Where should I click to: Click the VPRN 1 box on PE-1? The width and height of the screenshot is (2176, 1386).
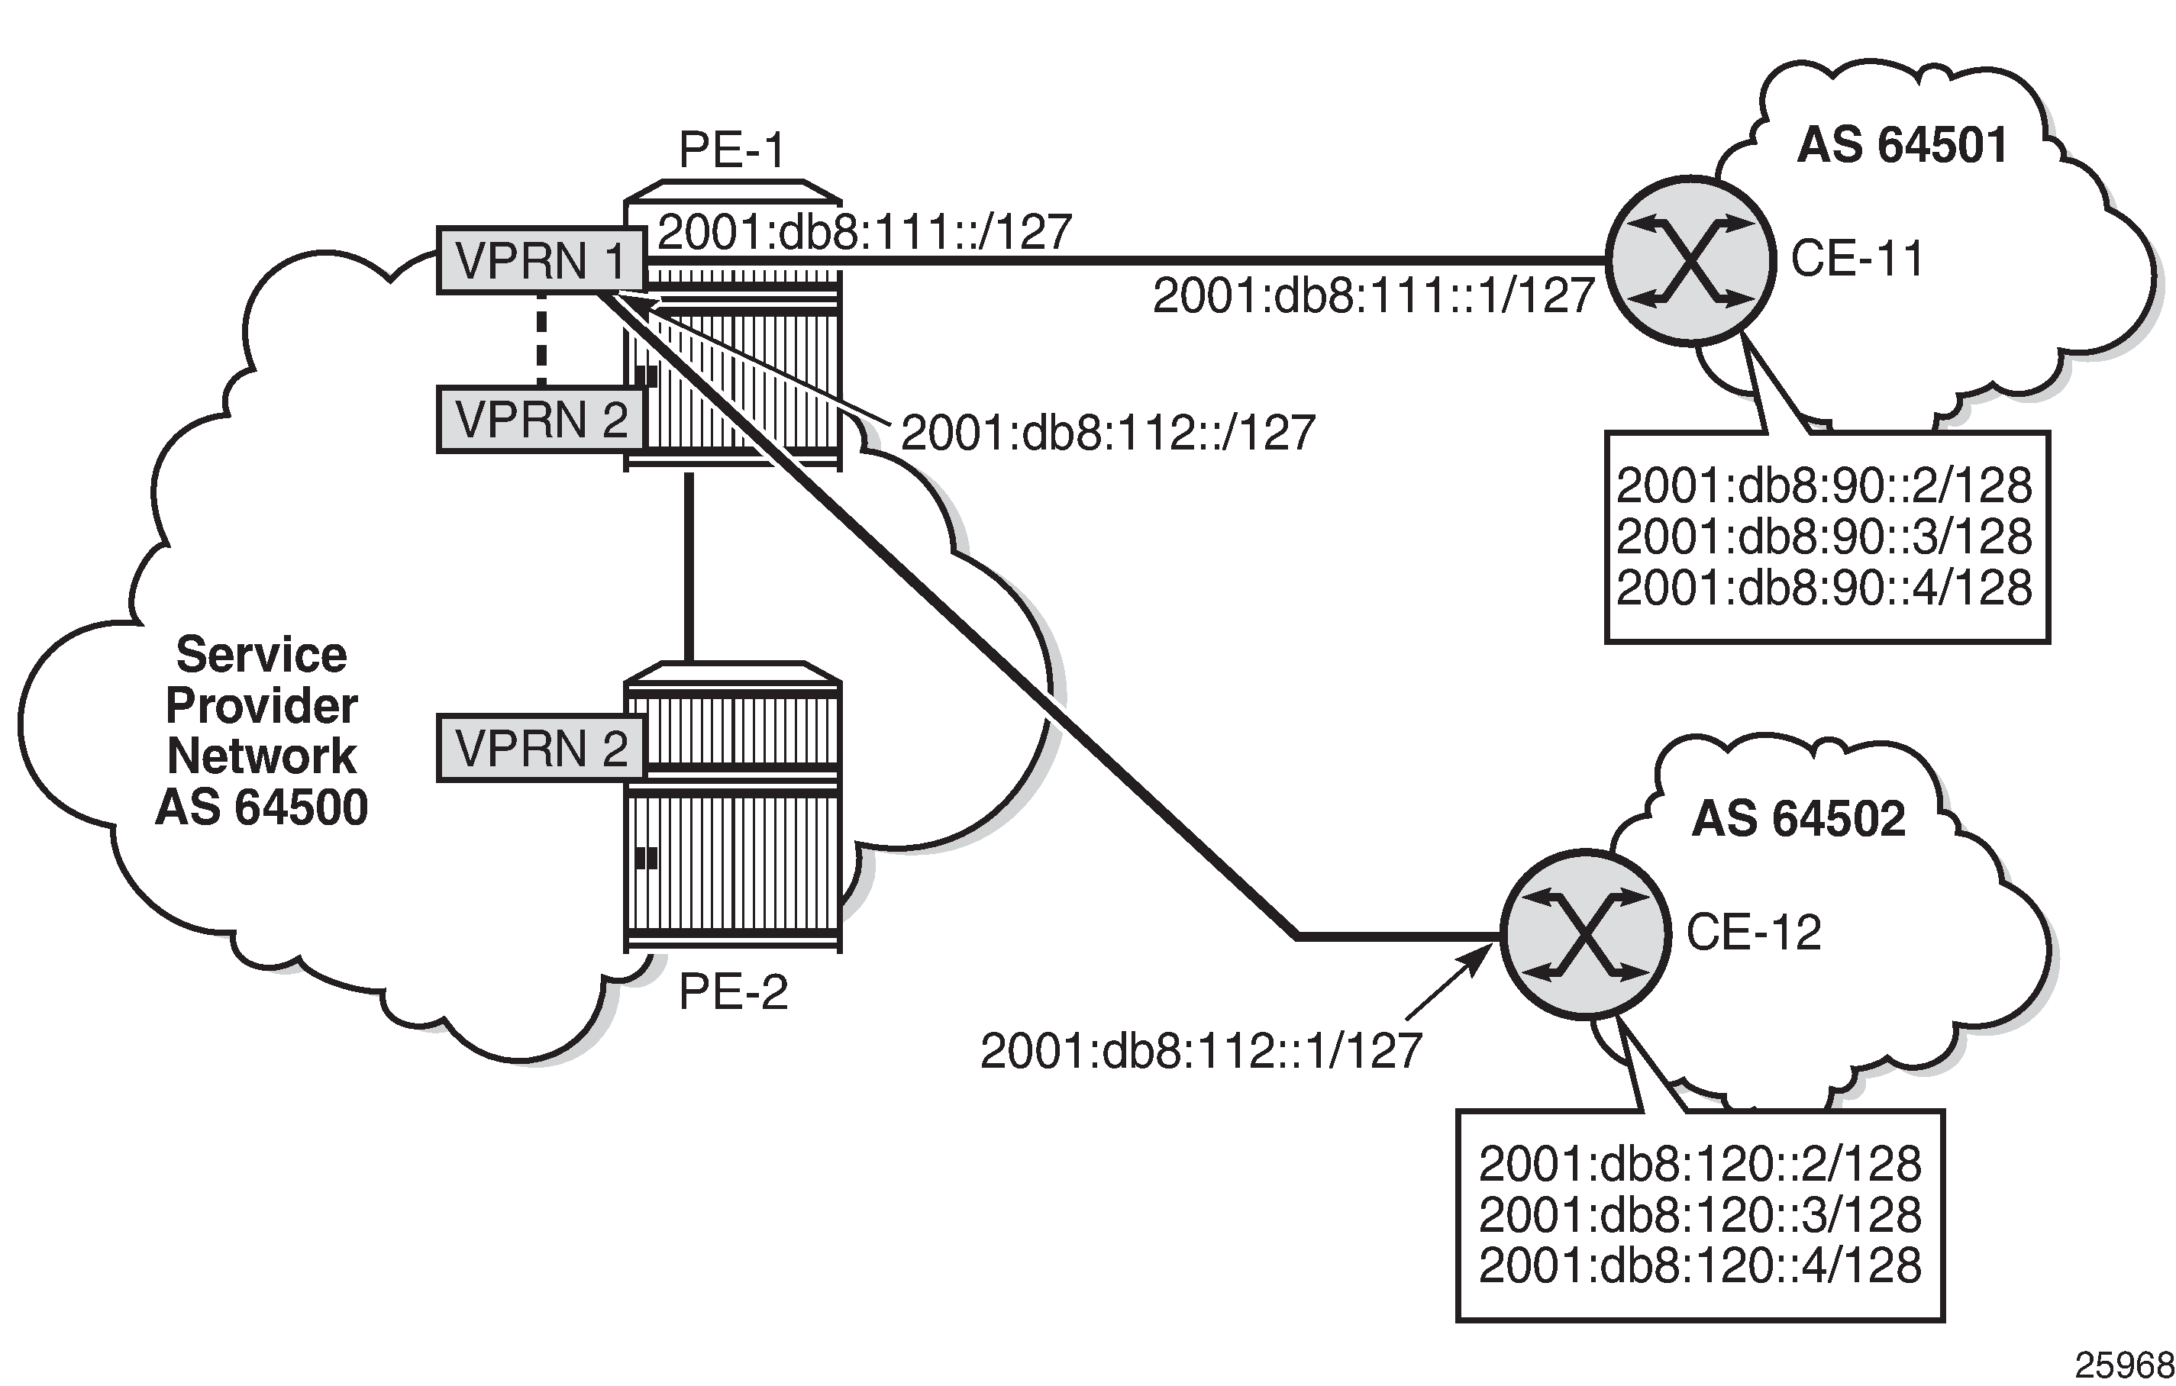click(541, 261)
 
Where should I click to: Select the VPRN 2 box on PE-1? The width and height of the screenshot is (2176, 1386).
click(541, 419)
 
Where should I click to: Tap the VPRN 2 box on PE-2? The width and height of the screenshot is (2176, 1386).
click(541, 748)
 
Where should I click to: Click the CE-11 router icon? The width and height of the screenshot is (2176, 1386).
click(1690, 260)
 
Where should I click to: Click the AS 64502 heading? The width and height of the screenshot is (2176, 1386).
click(1798, 819)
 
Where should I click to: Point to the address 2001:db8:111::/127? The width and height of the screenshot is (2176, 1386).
click(864, 232)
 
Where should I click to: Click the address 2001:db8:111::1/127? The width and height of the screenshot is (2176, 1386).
click(1374, 296)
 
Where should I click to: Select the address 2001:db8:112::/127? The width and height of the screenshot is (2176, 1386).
click(1108, 433)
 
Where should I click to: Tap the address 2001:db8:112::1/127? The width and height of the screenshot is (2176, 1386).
click(1201, 1051)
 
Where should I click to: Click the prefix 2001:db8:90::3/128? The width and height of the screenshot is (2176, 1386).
click(1823, 537)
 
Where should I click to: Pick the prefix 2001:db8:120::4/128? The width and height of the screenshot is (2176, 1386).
click(1700, 1265)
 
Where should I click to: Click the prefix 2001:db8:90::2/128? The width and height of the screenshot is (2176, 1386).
click(1823, 486)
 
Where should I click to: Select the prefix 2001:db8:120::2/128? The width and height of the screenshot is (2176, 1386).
click(1700, 1164)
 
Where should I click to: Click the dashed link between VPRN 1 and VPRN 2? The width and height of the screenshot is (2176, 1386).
click(541, 339)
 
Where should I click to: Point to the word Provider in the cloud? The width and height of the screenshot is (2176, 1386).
click(262, 706)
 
